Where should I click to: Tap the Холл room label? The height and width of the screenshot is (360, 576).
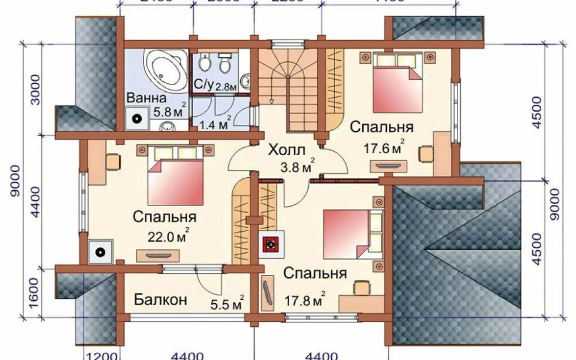[287, 150]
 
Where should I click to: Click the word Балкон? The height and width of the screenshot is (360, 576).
[160, 300]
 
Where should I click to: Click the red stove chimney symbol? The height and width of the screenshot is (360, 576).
[271, 245]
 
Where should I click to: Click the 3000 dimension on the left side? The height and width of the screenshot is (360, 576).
[36, 90]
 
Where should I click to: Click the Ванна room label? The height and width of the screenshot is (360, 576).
[146, 98]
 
